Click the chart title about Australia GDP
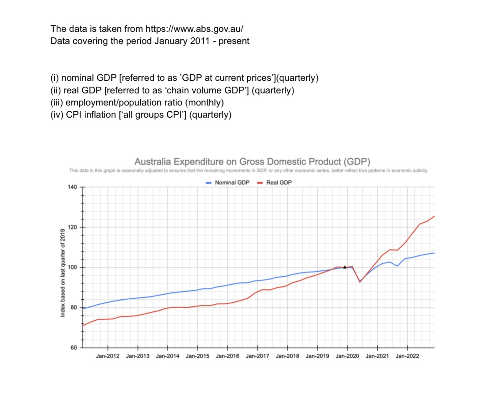coord(252,162)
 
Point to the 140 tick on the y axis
coord(72,187)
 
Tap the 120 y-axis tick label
coord(72,227)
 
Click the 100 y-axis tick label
coord(72,267)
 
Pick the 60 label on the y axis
coord(73,348)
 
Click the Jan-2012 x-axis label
coord(108,356)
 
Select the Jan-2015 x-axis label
coord(197,356)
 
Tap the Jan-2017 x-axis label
coord(257,356)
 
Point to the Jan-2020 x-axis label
coord(347,356)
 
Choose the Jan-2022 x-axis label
coord(407,356)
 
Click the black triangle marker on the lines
coord(345,267)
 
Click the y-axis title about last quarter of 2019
coord(63,272)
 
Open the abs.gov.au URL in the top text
coord(194,29)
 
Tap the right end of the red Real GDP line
coord(434,216)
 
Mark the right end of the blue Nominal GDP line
coord(434,253)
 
